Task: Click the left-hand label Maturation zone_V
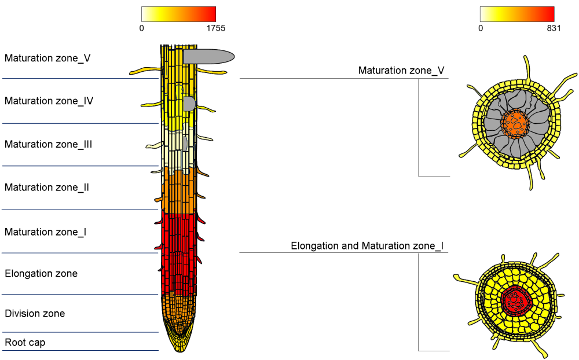point(47,58)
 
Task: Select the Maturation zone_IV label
point(49,101)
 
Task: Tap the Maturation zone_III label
point(49,144)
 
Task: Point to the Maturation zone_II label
point(47,188)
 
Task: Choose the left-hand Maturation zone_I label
point(46,232)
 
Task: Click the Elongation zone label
point(41,273)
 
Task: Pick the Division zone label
point(35,314)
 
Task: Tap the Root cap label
point(25,343)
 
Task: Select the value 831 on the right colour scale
point(552,28)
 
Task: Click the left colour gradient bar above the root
point(178,14)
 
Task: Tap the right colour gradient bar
point(517,14)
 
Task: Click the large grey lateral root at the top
point(208,56)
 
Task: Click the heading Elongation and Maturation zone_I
point(367,246)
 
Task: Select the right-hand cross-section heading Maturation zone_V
point(401,71)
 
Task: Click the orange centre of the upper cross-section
point(515,123)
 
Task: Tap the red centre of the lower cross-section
point(515,299)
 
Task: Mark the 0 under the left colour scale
point(142,28)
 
